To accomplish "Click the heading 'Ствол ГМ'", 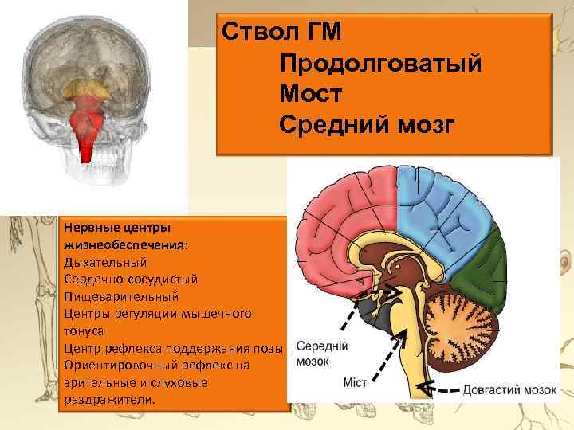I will click(x=282, y=33).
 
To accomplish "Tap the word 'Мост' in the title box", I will click(x=311, y=94).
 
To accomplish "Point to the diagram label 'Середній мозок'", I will click(x=320, y=354).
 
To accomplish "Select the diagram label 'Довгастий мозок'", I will click(x=509, y=390).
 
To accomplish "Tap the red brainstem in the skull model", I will click(x=86, y=127).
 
